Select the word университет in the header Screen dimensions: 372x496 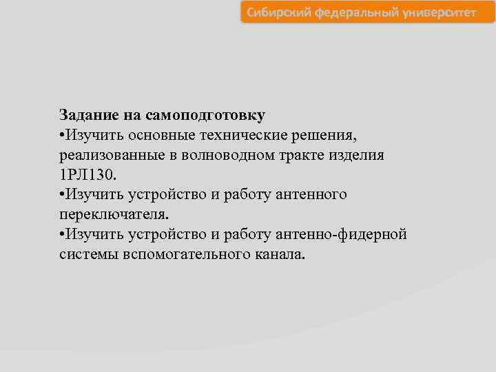click(433, 12)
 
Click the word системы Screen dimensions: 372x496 click(85, 255)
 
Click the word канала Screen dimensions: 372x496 click(276, 255)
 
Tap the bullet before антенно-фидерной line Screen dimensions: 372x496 click(62, 235)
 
